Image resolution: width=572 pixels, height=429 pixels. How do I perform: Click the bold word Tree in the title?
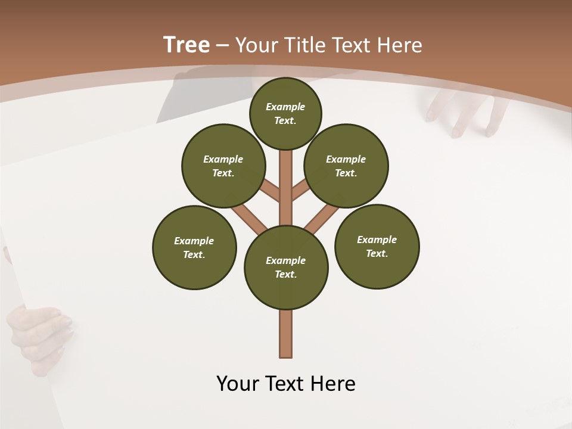pos(186,45)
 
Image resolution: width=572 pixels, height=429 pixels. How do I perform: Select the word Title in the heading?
pos(302,45)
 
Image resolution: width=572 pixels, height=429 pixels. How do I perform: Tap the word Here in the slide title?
pos(399,45)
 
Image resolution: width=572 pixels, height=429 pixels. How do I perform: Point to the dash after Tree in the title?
pos(222,45)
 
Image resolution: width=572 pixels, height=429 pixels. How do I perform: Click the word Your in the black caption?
pos(237,384)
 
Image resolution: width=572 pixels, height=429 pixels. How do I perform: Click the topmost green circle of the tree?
pos(285,113)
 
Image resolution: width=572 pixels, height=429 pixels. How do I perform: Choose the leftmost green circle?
pos(194,247)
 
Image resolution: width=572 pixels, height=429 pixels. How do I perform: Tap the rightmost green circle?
pos(377,246)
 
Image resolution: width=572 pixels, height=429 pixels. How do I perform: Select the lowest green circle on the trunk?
pos(286,268)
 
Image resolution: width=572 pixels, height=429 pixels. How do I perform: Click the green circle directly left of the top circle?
pos(223,166)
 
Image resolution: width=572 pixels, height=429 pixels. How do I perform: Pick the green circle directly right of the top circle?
pos(346,166)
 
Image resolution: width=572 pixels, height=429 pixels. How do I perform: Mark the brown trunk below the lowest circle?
pos(286,334)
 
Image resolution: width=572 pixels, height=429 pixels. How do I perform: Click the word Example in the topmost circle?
pos(285,107)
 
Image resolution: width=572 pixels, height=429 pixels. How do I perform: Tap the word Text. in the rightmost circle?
pos(377,253)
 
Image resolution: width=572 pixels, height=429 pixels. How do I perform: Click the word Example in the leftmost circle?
pos(194,241)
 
